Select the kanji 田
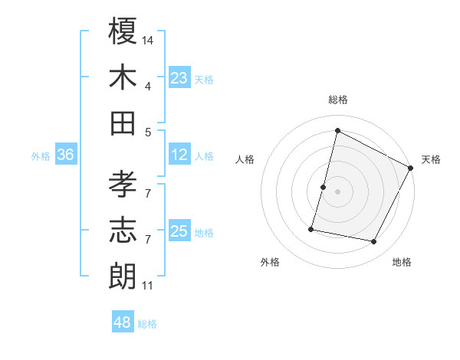point(123,123)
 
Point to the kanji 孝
point(123,184)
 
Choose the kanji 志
point(123,230)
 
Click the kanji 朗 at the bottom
point(123,276)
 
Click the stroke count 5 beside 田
point(149,132)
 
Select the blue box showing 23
point(179,78)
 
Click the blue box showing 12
point(179,155)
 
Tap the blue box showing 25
point(179,232)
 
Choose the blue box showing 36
point(65,155)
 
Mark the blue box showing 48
point(122,322)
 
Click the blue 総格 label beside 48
point(148,324)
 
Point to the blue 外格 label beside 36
point(41,156)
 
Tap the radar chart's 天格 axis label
point(431,159)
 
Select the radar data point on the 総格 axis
point(337,131)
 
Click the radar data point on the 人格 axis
point(324,187)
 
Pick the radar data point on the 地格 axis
point(374,242)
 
